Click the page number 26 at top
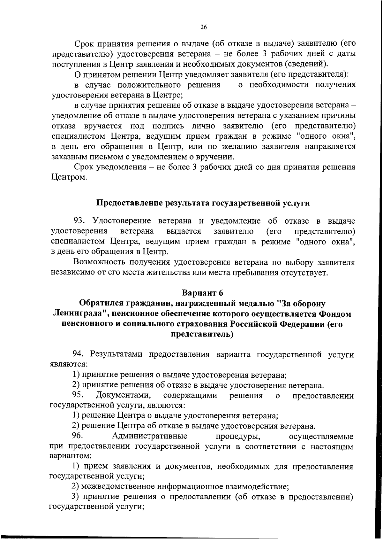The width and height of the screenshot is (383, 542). (x=204, y=27)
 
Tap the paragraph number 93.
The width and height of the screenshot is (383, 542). (x=80, y=221)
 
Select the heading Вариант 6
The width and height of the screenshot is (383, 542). (x=202, y=293)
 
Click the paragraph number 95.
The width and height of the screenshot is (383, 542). (x=78, y=395)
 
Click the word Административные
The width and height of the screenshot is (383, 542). (x=149, y=436)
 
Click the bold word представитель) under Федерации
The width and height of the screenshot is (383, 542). (x=202, y=334)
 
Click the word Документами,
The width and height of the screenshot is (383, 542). (x=124, y=395)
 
